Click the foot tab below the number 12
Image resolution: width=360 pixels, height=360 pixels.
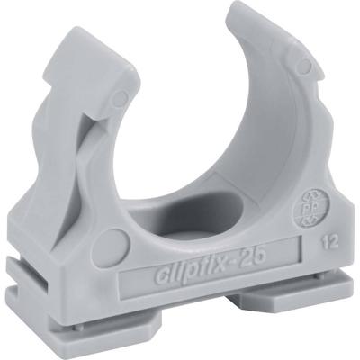point(315,294)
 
